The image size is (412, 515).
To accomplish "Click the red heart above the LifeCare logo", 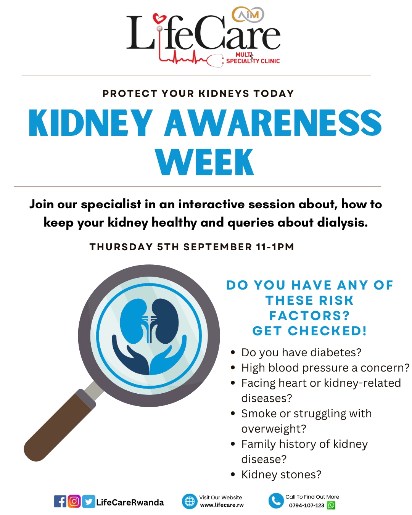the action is pos(159,19).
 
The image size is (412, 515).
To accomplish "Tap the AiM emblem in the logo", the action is pos(248,15).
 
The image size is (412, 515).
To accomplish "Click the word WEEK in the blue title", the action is pos(204,162).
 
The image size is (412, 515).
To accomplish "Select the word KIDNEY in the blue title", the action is pos(91,123).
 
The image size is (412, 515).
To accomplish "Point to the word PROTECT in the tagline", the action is pos(130,93).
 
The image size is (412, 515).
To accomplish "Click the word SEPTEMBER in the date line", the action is pos(217,247).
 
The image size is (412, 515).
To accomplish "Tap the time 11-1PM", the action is pos(275,247).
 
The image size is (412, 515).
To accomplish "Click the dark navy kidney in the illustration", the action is pos(166,317).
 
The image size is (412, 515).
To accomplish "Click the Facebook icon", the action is pos(60,501).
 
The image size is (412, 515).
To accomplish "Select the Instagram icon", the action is pos(74,501).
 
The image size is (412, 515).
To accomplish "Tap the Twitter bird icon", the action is pos(89,501).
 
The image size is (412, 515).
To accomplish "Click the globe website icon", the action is pos(190,501).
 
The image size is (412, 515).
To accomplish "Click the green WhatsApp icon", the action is pos(331,505).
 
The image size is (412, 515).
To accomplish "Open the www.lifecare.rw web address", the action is pos(222,505).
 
